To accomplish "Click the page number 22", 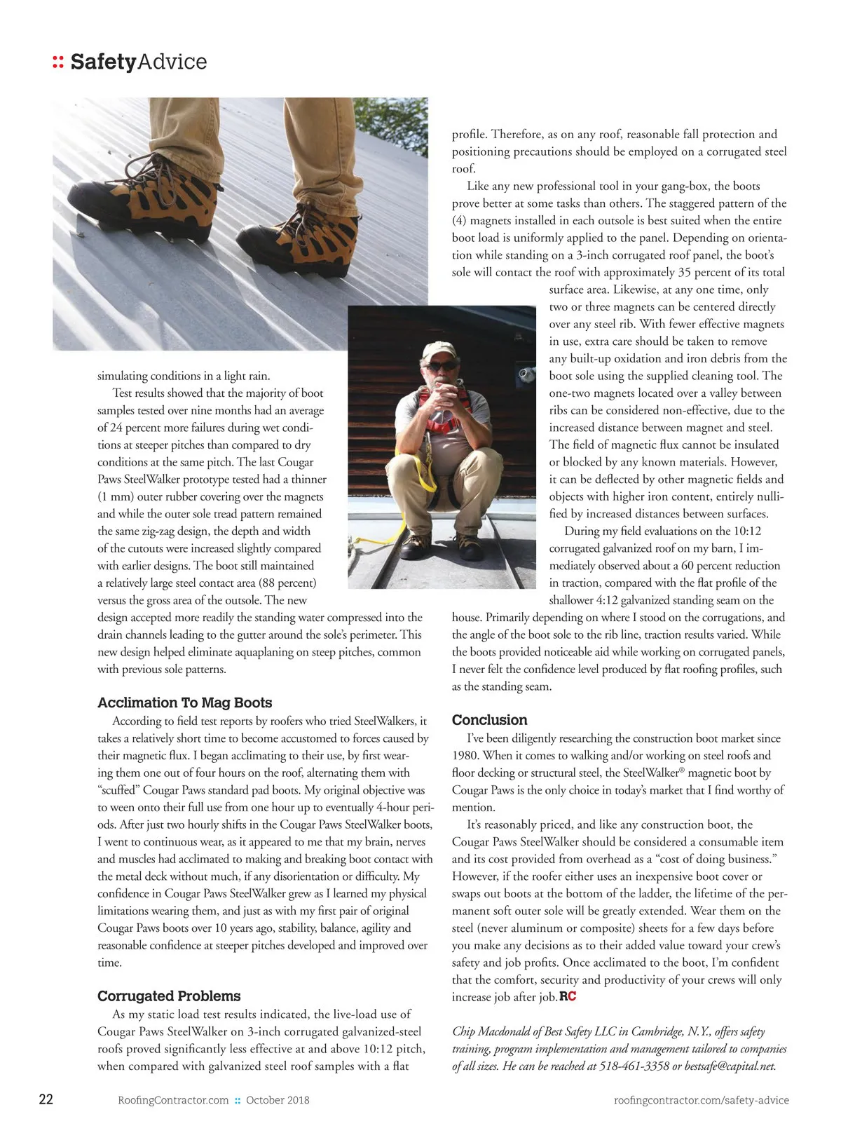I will pyautogui.click(x=46, y=1099).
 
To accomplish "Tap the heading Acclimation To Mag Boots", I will pyautogui.click(x=184, y=703).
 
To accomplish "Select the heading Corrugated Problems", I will pyautogui.click(x=169, y=996).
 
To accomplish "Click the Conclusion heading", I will pyautogui.click(x=489, y=720).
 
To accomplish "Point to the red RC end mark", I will pyautogui.click(x=568, y=996).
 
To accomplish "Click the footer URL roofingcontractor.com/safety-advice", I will pyautogui.click(x=701, y=1100).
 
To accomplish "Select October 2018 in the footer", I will pyautogui.click(x=278, y=1100).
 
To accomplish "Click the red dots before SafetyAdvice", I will pyautogui.click(x=58, y=62).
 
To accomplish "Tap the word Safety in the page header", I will pyautogui.click(x=103, y=62).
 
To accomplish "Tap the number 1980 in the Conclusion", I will pyautogui.click(x=466, y=755).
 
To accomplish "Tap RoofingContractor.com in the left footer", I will pyautogui.click(x=174, y=1100).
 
